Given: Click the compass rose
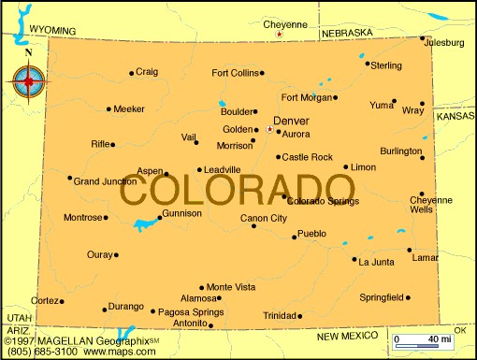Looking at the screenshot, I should point(28,82).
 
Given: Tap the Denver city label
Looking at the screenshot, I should point(291,121).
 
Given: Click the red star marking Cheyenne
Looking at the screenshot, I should point(279,36).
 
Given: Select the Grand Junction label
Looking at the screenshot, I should point(105,180).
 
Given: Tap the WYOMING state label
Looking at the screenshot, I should point(52,30).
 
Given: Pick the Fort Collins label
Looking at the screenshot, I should point(234,72).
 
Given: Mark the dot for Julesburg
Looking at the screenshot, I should point(422,38).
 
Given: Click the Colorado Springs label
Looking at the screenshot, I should point(322,200).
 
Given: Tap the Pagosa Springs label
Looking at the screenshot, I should point(192,311).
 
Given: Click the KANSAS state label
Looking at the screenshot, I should point(455,115).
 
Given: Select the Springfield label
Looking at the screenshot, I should point(381,297).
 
